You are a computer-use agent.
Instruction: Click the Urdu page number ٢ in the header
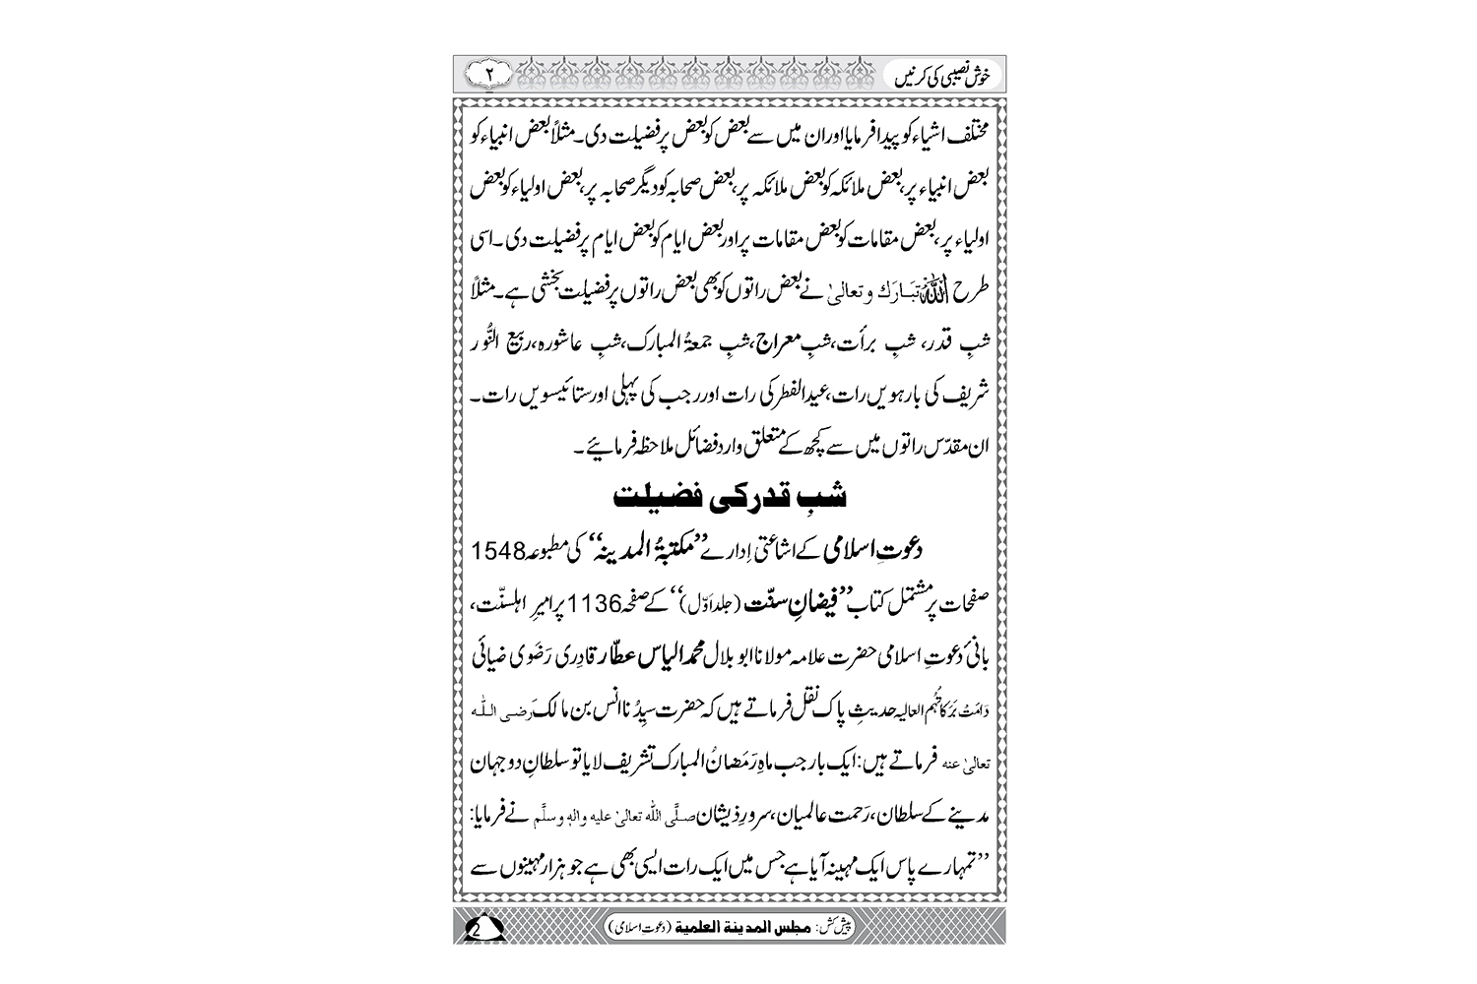489,74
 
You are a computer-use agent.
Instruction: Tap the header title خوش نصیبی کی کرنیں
941,75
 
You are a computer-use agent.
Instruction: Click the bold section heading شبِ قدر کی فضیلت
730,494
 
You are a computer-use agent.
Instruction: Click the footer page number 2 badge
482,928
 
